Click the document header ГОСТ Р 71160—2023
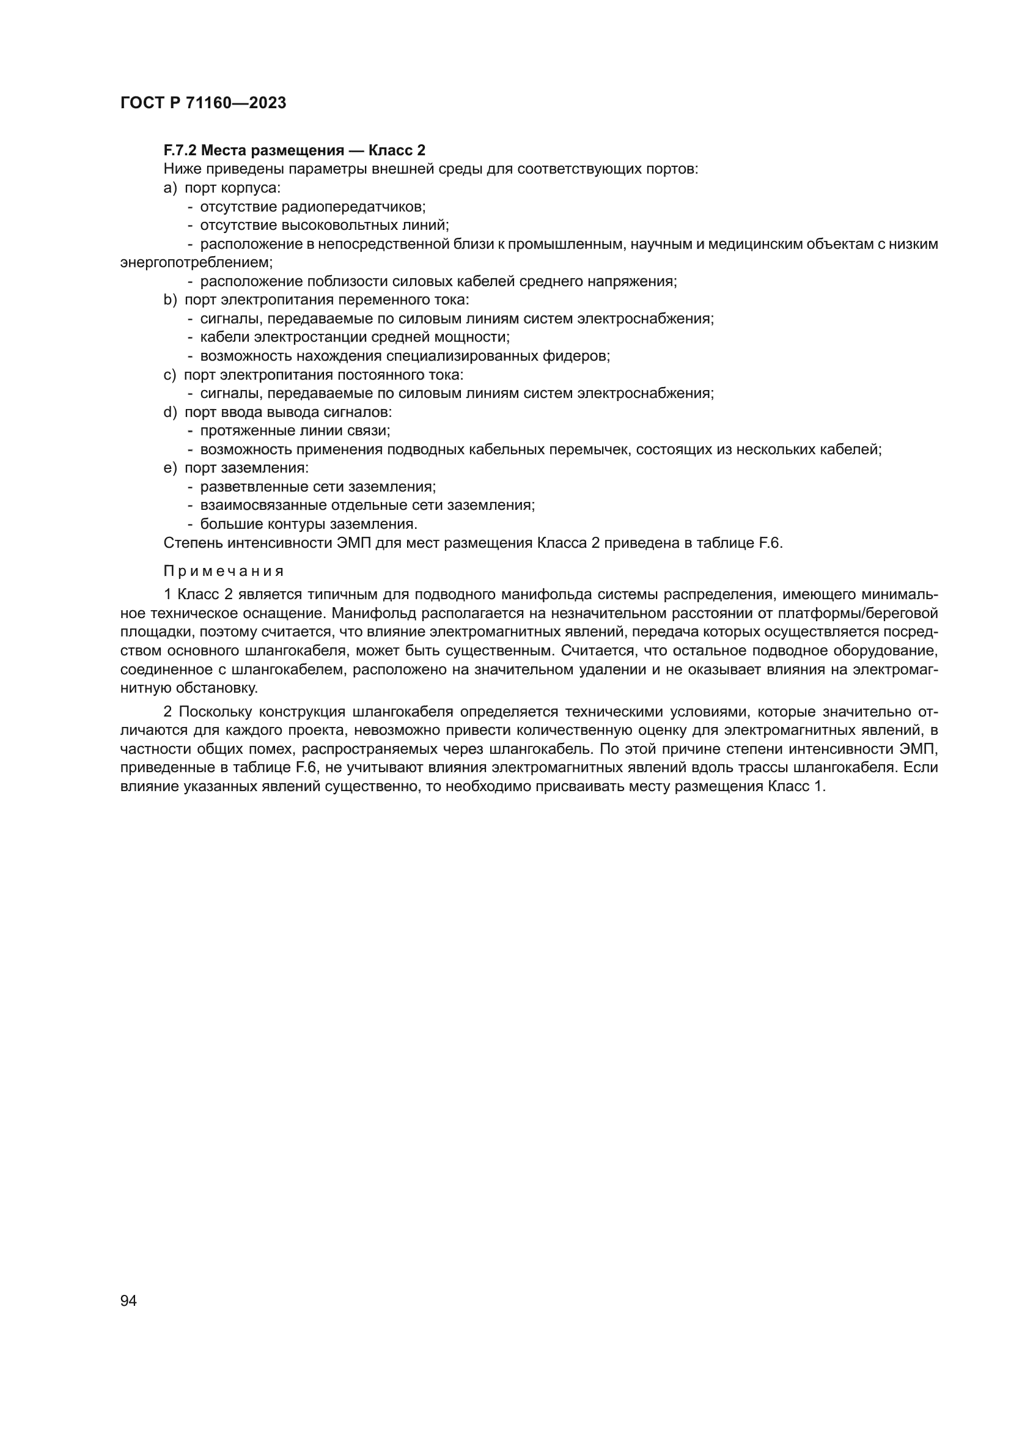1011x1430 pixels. point(203,103)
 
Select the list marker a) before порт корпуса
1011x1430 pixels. point(170,188)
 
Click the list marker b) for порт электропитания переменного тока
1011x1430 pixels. point(170,300)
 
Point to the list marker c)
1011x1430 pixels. point(169,375)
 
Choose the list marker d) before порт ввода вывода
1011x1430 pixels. point(170,411)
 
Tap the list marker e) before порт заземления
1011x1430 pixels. point(170,468)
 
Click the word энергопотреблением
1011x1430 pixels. point(196,262)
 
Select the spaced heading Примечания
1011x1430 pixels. point(224,571)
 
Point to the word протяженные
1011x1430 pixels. point(243,430)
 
